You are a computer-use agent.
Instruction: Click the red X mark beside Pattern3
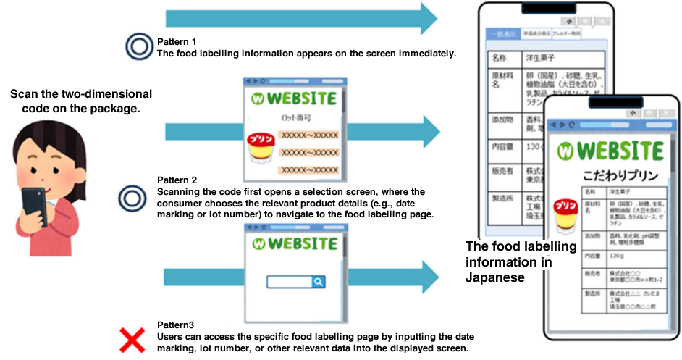131,339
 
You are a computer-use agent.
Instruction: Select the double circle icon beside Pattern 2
131,196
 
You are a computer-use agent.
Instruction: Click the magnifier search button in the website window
318,282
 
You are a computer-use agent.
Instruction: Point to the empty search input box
289,282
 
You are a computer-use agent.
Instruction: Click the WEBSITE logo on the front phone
612,151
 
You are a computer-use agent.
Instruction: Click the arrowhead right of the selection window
427,134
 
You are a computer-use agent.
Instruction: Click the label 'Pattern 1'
177,41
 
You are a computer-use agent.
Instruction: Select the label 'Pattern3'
174,326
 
